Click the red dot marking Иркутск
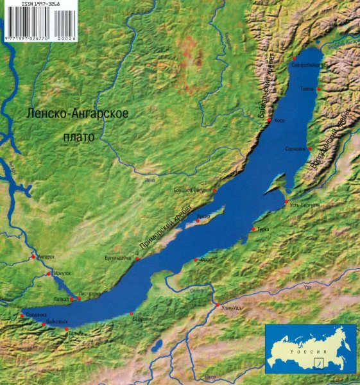click(x=49, y=274)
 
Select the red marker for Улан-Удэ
click(x=218, y=305)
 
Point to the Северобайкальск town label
click(x=309, y=65)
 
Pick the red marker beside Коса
click(x=269, y=120)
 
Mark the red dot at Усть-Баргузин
click(x=286, y=201)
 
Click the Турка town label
click(x=263, y=229)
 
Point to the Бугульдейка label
click(x=117, y=258)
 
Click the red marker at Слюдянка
click(x=22, y=315)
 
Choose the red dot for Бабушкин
click(x=132, y=313)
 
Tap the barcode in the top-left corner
click(x=38, y=20)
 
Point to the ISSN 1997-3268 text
click(x=40, y=3)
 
